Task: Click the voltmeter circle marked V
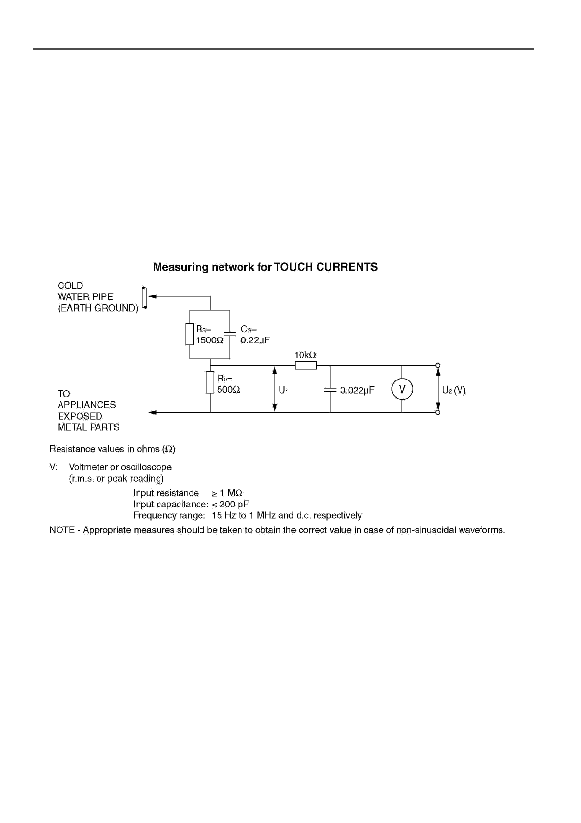(402, 389)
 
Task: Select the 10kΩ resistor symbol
(306, 365)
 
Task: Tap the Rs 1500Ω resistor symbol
(190, 334)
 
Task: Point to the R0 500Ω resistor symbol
(210, 382)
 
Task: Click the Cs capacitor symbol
(230, 334)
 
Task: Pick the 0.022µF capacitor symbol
(330, 390)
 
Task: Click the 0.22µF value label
(255, 340)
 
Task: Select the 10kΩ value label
(305, 355)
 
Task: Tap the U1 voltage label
(283, 390)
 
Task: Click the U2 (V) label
(454, 390)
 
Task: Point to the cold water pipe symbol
(144, 297)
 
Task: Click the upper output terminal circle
(438, 365)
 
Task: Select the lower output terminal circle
(438, 412)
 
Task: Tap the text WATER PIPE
(85, 297)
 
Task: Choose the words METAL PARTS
(88, 427)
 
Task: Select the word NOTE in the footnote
(61, 530)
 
